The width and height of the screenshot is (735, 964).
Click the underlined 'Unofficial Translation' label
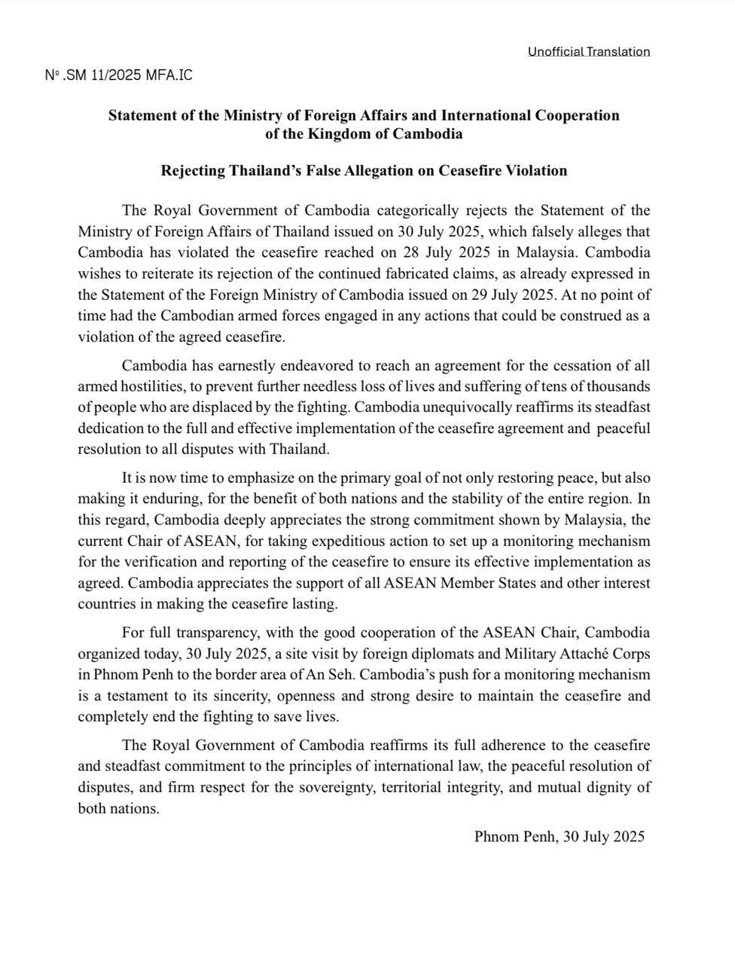point(588,51)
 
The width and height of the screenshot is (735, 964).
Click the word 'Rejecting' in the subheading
point(193,170)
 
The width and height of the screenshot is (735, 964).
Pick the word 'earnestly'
point(245,366)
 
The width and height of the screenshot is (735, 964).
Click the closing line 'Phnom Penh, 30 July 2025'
point(559,836)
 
